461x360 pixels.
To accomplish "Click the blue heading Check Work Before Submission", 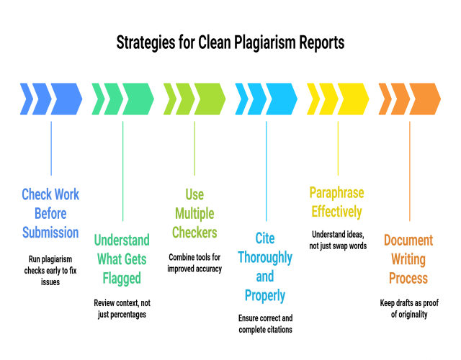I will [50, 213].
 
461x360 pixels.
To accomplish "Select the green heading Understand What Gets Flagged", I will [122, 259].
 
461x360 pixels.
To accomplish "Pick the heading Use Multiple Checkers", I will [194, 213].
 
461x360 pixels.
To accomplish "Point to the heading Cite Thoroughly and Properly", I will [266, 266].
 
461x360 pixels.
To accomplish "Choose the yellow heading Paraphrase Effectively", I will [337, 202].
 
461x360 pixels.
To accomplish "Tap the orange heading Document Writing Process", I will [408, 259].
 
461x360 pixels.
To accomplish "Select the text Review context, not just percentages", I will [122, 308].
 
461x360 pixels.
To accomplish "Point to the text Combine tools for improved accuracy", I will [194, 263].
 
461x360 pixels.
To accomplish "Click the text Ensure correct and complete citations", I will [266, 323].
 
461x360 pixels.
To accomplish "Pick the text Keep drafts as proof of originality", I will [408, 308].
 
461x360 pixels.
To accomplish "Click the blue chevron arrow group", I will [50, 99].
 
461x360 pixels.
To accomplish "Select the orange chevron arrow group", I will [408, 99].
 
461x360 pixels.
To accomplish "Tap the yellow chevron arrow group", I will [337, 99].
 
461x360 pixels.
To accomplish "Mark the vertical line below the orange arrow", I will [410, 171].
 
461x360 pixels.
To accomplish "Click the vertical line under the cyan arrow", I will [266, 171].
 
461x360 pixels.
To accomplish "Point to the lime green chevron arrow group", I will [194, 99].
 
